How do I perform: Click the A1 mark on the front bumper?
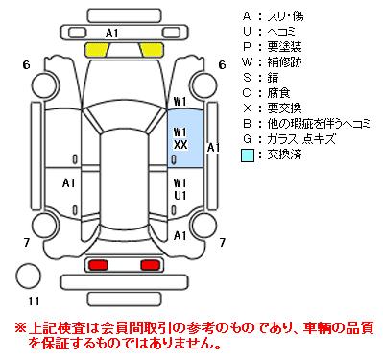pos(112,33)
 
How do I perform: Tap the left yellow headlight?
pos(97,50)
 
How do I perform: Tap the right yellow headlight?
pos(152,50)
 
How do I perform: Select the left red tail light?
pos(98,265)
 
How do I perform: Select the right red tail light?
pos(151,265)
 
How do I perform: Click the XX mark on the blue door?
pos(180,145)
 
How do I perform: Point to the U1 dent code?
pos(180,195)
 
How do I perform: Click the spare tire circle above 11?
pos(29,276)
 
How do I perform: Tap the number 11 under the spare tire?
pos(34,301)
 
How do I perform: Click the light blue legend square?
pos(247,156)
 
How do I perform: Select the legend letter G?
pos(247,139)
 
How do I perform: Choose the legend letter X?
pos(247,108)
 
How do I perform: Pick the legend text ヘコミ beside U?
pos(281,32)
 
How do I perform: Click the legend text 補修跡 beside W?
pos(284,62)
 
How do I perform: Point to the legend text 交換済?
pos(284,155)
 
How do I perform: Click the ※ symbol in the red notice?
pos(20,328)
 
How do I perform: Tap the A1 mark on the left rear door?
pos(69,183)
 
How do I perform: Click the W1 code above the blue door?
pos(180,102)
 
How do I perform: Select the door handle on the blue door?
pos(175,159)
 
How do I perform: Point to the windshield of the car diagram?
pos(125,118)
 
